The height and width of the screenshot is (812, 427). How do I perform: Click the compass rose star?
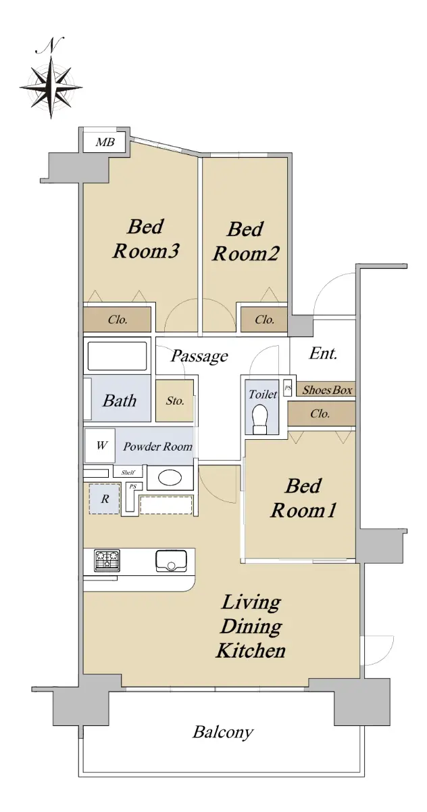tap(51, 88)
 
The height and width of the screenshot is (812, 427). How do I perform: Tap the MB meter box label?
tap(105, 142)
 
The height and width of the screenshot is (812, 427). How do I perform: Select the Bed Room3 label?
tap(145, 239)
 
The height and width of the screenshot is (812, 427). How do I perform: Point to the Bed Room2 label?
tap(246, 242)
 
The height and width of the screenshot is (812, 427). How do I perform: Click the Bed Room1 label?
tap(303, 498)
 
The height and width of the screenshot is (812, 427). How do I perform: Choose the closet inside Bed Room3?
tap(118, 319)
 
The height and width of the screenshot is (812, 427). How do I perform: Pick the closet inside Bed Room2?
tap(264, 319)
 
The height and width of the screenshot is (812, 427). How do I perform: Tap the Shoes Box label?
tap(327, 390)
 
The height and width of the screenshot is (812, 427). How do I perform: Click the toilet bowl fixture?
tap(259, 418)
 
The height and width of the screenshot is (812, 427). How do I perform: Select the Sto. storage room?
tap(175, 401)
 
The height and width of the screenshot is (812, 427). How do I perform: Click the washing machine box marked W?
tap(100, 445)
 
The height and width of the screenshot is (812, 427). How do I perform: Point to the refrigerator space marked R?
tap(105, 499)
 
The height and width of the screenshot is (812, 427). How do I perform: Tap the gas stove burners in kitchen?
tap(107, 560)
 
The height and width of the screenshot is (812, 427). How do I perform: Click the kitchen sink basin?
tap(171, 561)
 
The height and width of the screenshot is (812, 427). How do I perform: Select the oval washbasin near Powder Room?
tap(170, 478)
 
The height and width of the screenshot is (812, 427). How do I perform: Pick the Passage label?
tap(199, 356)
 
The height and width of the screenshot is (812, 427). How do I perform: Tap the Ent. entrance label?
tap(323, 353)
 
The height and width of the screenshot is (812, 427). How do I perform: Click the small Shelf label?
tap(128, 472)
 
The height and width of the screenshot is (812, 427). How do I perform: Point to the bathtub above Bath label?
tap(118, 356)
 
